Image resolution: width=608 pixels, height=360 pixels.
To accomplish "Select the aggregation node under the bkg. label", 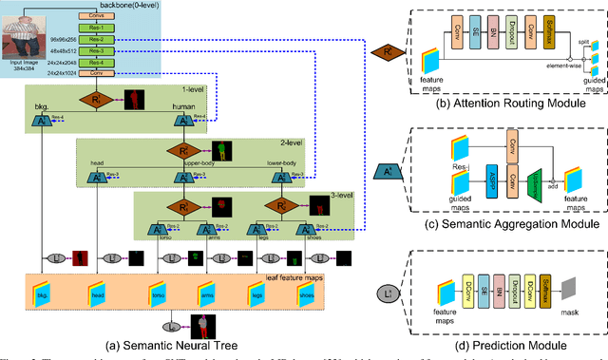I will click(41, 121).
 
